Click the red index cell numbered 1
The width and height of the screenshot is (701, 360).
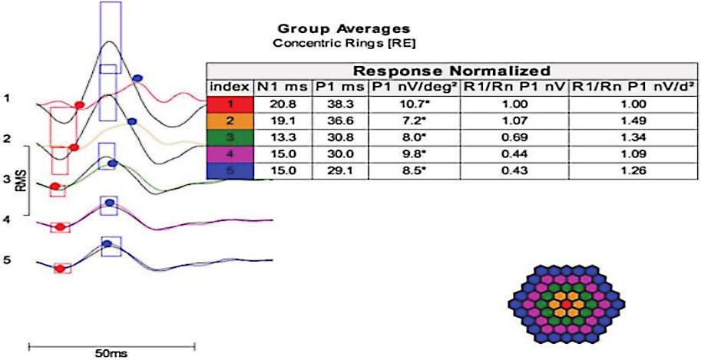(230, 103)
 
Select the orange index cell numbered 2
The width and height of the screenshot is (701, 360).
(230, 121)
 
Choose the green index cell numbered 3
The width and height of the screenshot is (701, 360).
(230, 138)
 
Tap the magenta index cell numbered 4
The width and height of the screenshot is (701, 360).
(230, 155)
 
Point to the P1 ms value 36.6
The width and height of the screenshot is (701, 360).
(332, 121)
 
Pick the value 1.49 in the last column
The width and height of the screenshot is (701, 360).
(634, 121)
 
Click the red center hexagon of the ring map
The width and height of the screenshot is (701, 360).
(566, 305)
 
